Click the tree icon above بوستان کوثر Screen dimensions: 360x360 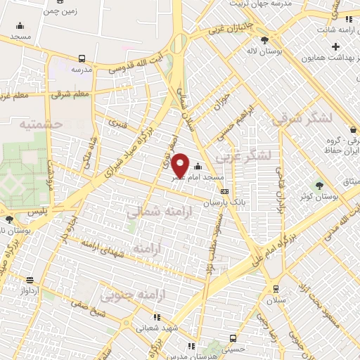pyautogui.click(x=320, y=185)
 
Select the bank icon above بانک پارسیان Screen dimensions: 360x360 pyautogui.click(x=224, y=191)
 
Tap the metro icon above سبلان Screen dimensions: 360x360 pyautogui.click(x=275, y=288)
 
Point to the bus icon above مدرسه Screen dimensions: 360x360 pyautogui.click(x=83, y=59)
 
